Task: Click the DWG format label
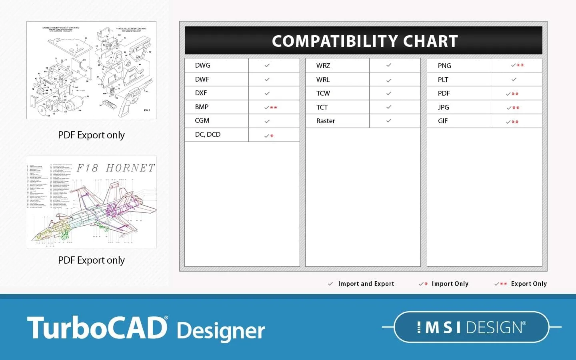click(202, 65)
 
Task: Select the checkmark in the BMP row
click(267, 107)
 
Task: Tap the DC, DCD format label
click(208, 134)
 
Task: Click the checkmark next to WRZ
click(389, 65)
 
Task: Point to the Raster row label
click(326, 121)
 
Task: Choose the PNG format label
click(444, 66)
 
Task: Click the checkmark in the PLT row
click(514, 79)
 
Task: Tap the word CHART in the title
click(430, 41)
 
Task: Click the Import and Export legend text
click(366, 284)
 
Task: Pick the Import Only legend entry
click(450, 284)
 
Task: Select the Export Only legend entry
click(529, 284)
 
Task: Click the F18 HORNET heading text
click(116, 168)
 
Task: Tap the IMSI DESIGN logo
click(471, 327)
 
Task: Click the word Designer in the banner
click(221, 331)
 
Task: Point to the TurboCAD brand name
click(97, 328)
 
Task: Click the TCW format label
click(323, 93)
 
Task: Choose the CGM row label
click(202, 120)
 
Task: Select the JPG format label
click(443, 107)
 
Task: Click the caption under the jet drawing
click(91, 260)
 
